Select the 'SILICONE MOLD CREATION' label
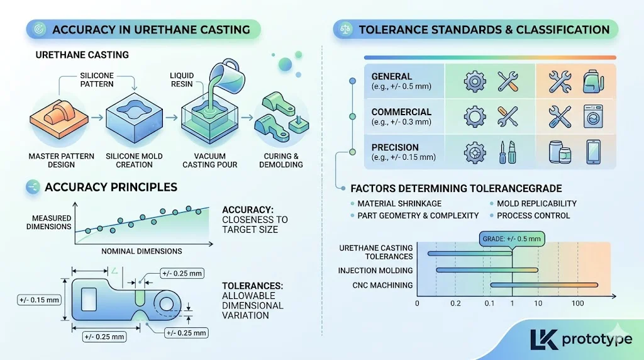(x=134, y=160)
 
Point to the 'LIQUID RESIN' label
(x=182, y=80)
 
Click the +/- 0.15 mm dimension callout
(x=39, y=300)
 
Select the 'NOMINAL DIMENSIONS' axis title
(x=142, y=251)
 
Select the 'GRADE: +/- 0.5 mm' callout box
(x=511, y=239)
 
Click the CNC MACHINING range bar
(x=543, y=286)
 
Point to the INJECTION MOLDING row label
(x=375, y=271)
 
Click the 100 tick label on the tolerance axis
(x=577, y=304)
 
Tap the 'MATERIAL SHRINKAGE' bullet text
(x=399, y=203)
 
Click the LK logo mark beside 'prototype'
(x=543, y=339)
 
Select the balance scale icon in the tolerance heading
(x=345, y=29)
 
